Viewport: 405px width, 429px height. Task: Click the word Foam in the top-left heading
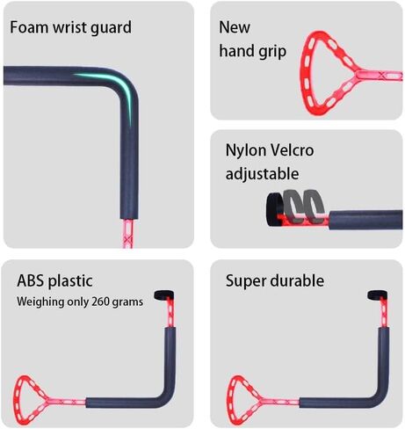[29, 27]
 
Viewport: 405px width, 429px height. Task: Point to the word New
[235, 27]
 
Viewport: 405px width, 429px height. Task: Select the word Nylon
[246, 150]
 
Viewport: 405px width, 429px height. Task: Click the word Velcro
[292, 150]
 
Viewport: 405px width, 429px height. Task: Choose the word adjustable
[262, 174]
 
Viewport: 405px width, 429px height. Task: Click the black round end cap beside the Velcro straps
[275, 209]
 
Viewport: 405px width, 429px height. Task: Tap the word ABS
[31, 281]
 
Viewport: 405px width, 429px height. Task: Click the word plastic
[70, 281]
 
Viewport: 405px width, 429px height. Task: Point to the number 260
[100, 302]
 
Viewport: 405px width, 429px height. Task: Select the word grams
[127, 302]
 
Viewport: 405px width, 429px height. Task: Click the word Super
[246, 281]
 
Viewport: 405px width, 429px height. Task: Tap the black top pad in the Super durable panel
[377, 295]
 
